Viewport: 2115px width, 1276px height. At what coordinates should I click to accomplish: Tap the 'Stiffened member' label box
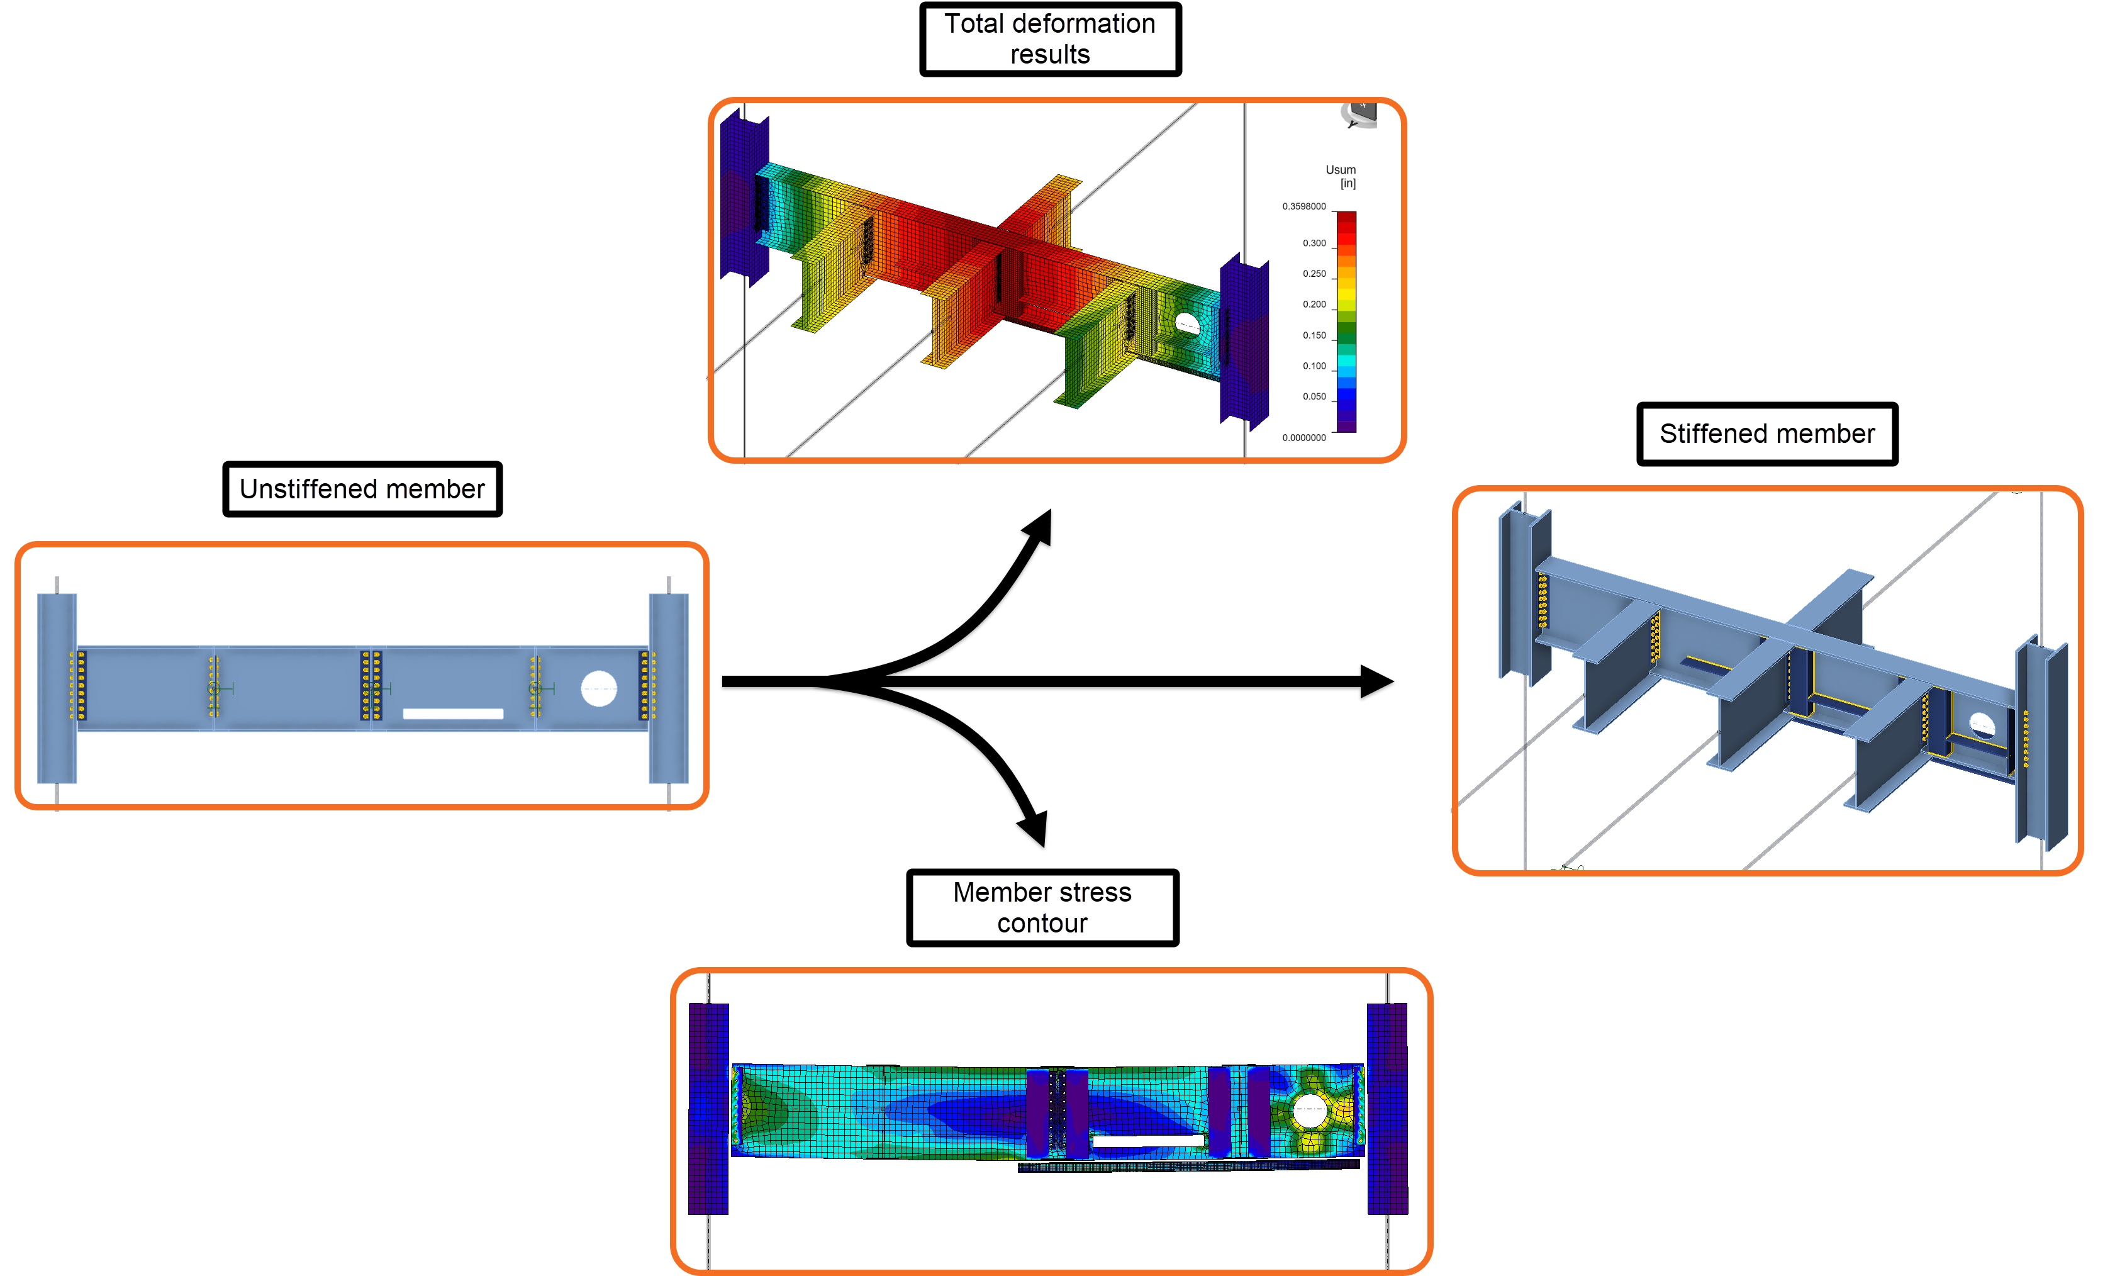click(x=1766, y=434)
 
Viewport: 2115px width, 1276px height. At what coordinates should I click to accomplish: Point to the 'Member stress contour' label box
click(x=1042, y=908)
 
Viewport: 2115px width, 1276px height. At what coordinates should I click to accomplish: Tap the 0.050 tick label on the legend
click(x=1314, y=397)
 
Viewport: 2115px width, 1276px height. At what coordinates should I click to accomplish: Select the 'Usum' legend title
click(x=1340, y=170)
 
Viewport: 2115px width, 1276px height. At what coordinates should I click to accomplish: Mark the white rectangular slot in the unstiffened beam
click(x=452, y=714)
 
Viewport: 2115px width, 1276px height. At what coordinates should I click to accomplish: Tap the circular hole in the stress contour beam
click(x=1309, y=1111)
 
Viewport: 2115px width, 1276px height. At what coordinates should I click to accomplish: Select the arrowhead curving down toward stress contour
click(x=1034, y=828)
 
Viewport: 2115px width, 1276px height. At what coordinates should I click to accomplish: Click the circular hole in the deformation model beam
click(x=1187, y=325)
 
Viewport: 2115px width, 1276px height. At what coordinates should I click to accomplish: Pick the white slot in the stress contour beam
click(x=1147, y=1141)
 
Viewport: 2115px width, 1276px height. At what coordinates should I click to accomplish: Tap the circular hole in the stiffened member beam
click(x=1980, y=725)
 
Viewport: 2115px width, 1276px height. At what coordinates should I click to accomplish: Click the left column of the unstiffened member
click(x=57, y=687)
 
